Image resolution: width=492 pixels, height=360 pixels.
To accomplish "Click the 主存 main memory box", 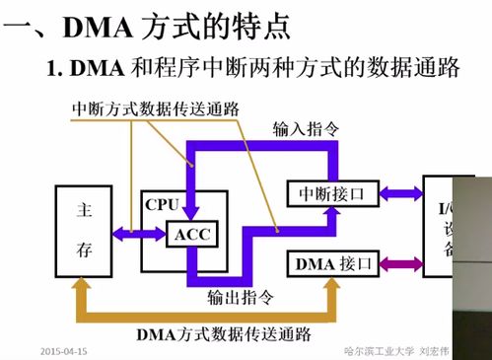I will click(x=84, y=232).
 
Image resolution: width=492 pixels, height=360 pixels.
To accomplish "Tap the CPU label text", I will click(x=161, y=204).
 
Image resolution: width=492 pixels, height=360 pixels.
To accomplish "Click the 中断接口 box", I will click(x=330, y=194).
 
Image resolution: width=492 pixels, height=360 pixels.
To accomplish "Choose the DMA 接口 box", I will click(x=330, y=263).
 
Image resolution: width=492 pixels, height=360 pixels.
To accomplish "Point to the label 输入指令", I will click(x=306, y=128).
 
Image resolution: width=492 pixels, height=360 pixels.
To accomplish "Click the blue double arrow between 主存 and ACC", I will click(x=139, y=234).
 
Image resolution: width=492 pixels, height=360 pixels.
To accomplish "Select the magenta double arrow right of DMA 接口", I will click(x=400, y=263).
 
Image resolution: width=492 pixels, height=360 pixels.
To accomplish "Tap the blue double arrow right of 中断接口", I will click(x=400, y=194).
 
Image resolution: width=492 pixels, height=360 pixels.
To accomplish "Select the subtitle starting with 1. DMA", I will click(x=252, y=68).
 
